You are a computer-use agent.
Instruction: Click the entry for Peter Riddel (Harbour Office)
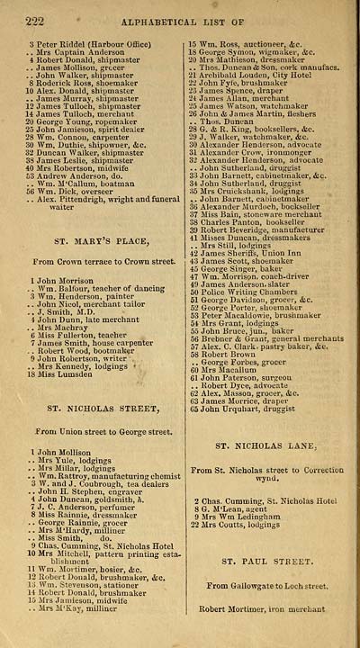click(87, 43)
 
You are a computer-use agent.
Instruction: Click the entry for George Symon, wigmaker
click(251, 52)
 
